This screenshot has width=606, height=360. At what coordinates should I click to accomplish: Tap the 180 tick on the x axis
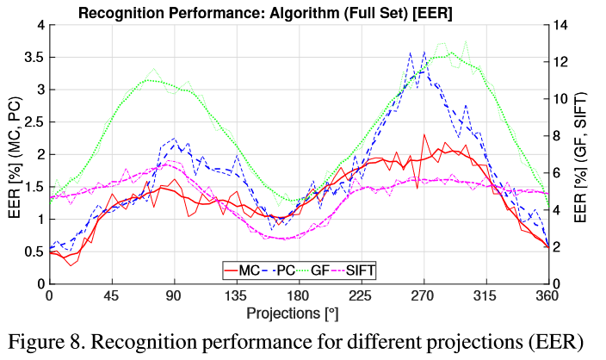[x=299, y=295]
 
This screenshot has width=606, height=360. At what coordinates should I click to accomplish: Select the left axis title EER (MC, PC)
[x=14, y=154]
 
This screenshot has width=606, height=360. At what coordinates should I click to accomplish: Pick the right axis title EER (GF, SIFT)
[x=591, y=154]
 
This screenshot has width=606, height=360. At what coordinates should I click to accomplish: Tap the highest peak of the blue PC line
[x=424, y=52]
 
